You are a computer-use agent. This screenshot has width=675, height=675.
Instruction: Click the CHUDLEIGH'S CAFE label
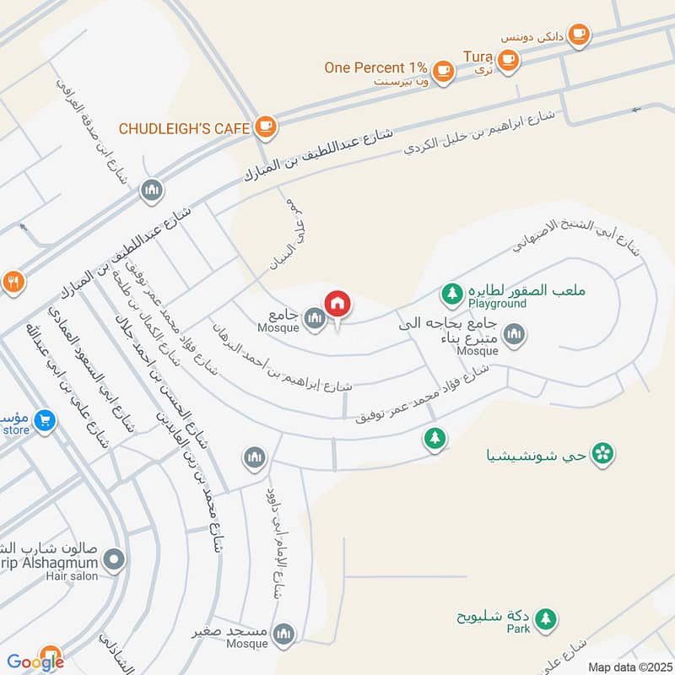(184, 128)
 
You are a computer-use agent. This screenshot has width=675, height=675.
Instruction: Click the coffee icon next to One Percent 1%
(444, 68)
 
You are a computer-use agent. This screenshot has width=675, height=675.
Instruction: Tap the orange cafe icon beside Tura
(507, 59)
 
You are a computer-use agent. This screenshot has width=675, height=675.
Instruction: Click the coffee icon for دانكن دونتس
(578, 34)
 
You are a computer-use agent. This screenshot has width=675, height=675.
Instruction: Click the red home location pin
(337, 303)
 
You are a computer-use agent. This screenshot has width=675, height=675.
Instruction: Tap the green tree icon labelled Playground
(453, 293)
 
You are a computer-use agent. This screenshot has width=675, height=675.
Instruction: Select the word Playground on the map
(499, 304)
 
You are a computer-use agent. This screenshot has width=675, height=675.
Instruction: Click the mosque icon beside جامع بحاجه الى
(513, 336)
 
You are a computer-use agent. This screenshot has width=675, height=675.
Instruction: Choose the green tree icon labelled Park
(547, 618)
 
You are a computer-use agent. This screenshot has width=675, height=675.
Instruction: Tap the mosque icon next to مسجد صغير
(285, 632)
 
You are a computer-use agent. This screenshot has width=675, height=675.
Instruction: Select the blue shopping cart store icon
(47, 420)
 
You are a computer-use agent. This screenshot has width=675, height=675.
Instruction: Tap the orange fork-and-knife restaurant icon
(12, 282)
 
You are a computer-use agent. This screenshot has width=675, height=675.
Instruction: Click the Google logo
(36, 661)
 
